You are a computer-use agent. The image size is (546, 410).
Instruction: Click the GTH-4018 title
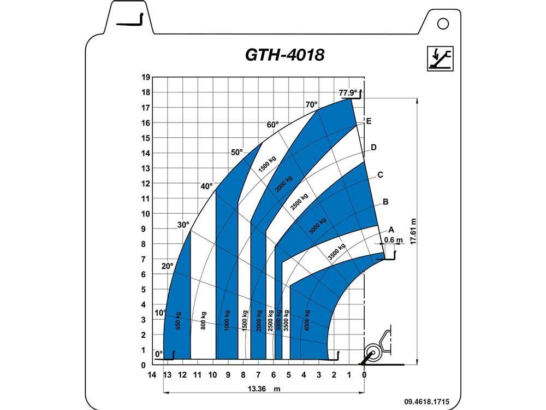(x=285, y=55)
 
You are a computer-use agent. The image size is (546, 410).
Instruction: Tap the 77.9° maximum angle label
(x=348, y=93)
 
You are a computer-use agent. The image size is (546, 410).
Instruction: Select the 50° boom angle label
(x=237, y=153)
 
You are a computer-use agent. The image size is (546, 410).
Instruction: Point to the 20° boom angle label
(x=167, y=266)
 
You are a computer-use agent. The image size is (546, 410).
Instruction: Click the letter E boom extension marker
(x=369, y=121)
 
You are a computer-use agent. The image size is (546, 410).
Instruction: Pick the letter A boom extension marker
(x=391, y=230)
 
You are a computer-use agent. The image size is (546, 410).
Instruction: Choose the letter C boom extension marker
(x=380, y=175)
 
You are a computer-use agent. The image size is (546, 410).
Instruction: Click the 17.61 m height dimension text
(x=413, y=231)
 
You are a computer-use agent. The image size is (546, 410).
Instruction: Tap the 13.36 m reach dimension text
(x=264, y=389)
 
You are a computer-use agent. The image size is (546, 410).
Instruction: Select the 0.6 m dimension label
(x=394, y=240)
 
